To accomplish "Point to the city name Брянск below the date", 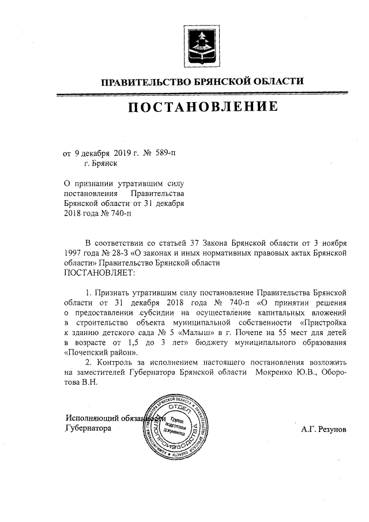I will pyautogui.click(x=101, y=164).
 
